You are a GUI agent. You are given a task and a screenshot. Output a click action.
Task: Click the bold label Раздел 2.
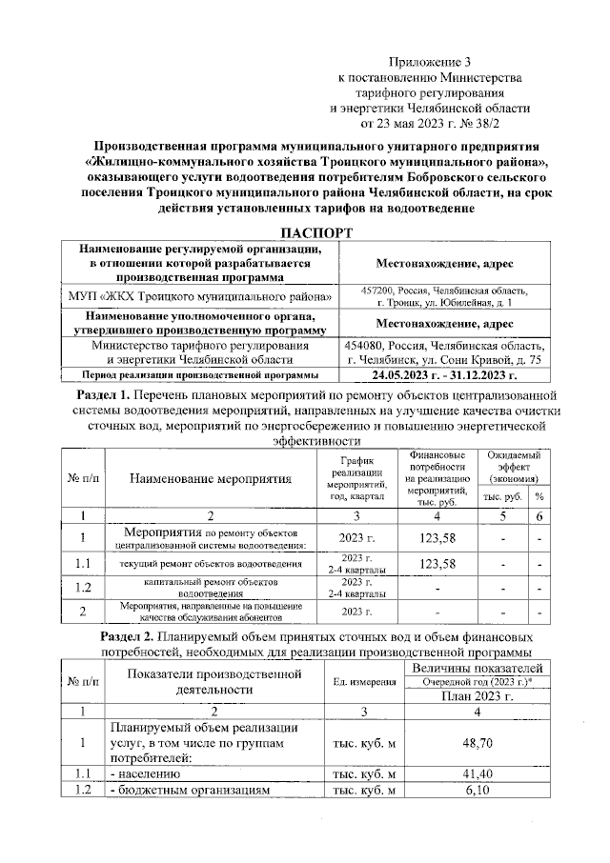point(130,635)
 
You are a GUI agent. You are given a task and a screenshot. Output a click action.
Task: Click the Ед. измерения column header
point(365,681)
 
